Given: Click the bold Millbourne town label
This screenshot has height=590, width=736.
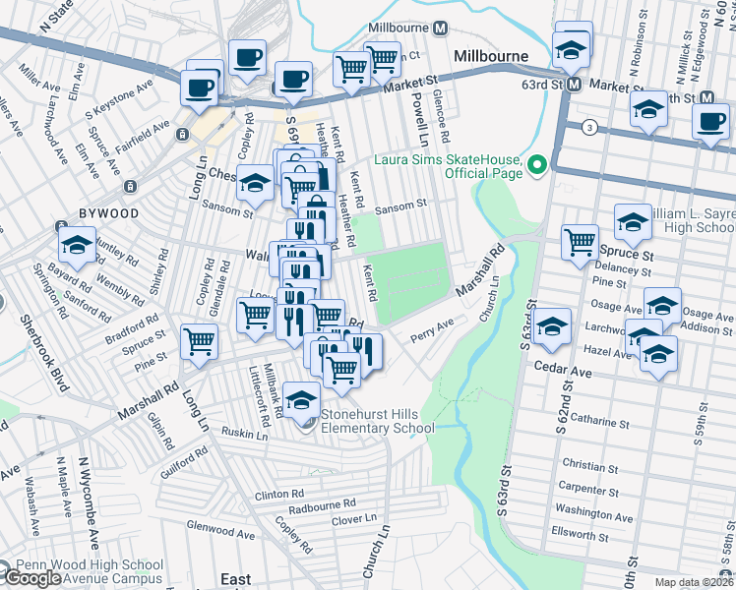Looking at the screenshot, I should point(491,56).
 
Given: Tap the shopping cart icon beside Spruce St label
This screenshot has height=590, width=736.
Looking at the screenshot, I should point(581,241).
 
